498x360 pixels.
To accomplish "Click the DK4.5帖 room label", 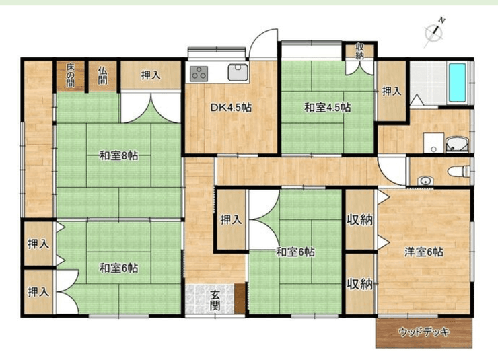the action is tap(231, 108).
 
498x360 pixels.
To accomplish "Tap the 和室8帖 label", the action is tap(119, 156).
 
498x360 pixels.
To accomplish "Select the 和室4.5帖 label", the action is tap(328, 108).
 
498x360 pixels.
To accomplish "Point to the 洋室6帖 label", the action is tap(424, 252).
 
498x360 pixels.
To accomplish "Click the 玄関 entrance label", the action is tap(215, 300).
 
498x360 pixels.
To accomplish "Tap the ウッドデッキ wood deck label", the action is tap(424, 332).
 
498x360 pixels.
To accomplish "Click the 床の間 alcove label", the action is tap(71, 75).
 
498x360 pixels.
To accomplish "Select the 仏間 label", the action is tap(102, 75).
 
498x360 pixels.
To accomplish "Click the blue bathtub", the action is tap(458, 83).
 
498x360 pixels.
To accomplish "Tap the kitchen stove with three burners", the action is tap(199, 74).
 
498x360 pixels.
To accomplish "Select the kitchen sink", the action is tap(238, 72).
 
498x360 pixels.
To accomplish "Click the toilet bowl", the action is tap(459, 171).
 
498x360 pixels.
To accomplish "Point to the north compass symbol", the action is tap(434, 32).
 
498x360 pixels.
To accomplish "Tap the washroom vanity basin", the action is tap(458, 145).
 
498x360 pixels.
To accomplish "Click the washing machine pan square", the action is tap(433, 143).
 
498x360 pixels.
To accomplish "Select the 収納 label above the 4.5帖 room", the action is tap(359, 51).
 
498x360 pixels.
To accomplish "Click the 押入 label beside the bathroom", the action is tap(392, 92).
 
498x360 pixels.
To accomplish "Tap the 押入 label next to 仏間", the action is tap(151, 75).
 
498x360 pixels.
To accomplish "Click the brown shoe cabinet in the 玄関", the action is tap(240, 298).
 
